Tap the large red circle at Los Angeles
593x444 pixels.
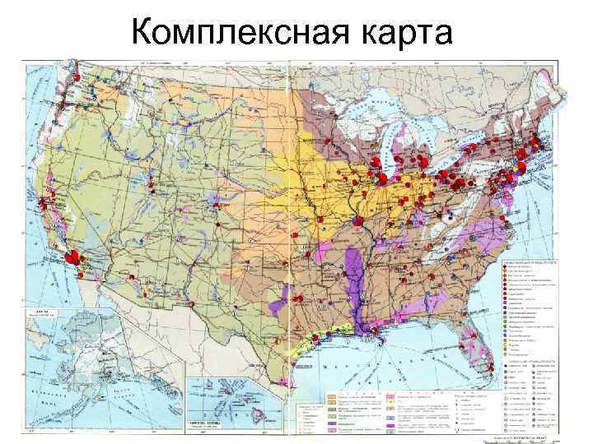coord(72,256)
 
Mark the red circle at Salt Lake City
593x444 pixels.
coord(151,176)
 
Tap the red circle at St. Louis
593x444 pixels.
coord(360,220)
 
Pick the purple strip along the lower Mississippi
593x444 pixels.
coord(356,284)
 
